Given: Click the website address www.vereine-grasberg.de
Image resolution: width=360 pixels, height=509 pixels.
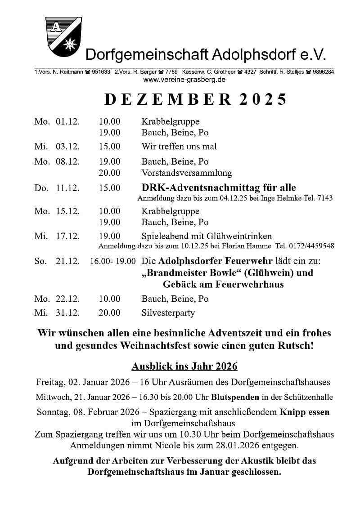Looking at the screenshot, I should [x=184, y=80].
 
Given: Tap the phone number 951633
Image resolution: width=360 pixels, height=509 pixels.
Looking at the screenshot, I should [x=101, y=72].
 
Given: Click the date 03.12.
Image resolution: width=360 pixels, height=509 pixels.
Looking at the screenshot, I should [x=67, y=147].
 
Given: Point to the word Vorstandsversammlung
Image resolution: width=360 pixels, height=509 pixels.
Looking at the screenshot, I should [x=187, y=173].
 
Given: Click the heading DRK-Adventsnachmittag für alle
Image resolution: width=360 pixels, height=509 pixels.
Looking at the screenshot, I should [x=219, y=188].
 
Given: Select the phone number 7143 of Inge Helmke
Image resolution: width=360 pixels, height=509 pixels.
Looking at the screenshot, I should [x=325, y=198].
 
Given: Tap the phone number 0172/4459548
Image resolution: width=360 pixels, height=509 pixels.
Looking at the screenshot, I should [x=311, y=246].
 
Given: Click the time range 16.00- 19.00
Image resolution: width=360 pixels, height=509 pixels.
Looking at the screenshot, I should [x=112, y=261].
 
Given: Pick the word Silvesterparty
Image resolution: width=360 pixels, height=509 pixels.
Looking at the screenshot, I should [x=168, y=313].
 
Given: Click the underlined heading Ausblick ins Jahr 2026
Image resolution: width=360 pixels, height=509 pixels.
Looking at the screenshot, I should [x=184, y=366].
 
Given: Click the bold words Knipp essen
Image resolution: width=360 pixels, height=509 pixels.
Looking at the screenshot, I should [x=305, y=412].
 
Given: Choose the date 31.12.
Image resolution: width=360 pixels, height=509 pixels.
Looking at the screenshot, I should [x=67, y=313].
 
